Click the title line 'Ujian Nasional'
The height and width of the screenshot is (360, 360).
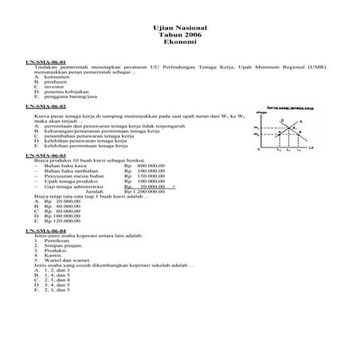click(x=180, y=27)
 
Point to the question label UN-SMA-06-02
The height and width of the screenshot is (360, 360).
click(x=45, y=105)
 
